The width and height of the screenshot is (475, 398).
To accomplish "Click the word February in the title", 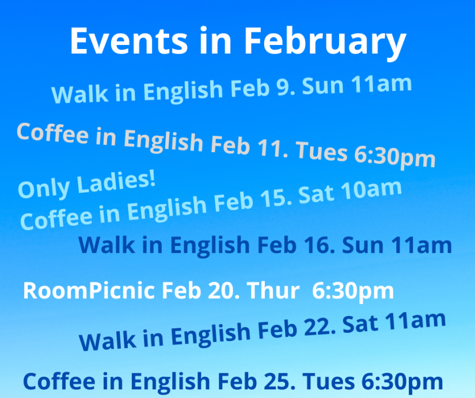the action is pos(325,43).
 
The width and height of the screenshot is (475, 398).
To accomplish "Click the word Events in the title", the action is pos(129,41).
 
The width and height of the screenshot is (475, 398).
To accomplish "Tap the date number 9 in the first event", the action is pos(283,88).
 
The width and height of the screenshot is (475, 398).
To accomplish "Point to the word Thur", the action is pos(273,291).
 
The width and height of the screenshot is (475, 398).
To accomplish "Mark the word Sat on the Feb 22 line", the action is pos(360,325).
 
